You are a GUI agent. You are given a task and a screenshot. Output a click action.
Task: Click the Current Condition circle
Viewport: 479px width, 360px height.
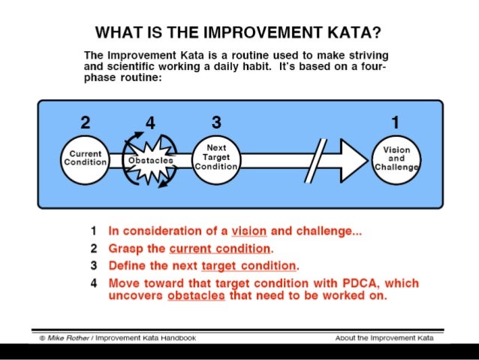point(85,159)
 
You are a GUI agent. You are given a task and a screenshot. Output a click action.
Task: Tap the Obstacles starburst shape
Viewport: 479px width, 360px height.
point(149,160)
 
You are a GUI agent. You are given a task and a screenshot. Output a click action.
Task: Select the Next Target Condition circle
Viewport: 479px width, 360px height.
point(216,159)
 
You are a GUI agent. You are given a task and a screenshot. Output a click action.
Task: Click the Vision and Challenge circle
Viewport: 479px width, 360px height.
point(396,159)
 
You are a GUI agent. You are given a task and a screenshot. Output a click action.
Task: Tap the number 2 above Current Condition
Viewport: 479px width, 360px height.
point(84,123)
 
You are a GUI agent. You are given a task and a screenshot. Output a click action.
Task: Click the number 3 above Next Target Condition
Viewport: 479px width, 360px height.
point(216,123)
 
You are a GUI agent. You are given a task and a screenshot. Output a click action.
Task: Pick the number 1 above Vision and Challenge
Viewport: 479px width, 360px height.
point(396,123)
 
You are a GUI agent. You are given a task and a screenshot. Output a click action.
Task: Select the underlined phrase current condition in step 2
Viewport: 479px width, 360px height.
point(219,249)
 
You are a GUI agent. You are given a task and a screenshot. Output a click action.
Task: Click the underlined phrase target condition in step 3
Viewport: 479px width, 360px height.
point(249,266)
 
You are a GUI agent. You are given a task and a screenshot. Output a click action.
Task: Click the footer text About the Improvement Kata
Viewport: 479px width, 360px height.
point(384,338)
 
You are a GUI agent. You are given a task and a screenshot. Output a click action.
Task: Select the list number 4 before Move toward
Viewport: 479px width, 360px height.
point(94,283)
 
